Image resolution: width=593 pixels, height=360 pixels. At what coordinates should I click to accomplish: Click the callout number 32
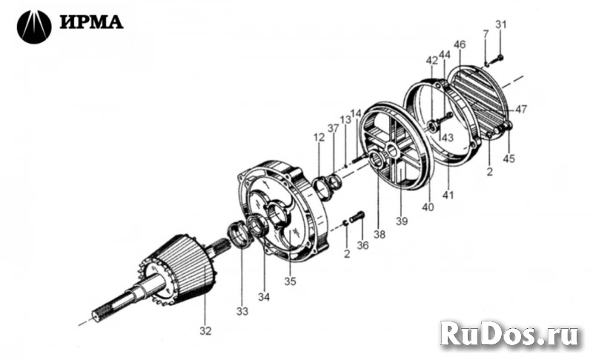pos(205,330)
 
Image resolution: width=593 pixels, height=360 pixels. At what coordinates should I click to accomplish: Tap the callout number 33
pos(242,311)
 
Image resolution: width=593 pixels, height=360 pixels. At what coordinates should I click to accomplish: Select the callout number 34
pos(262,298)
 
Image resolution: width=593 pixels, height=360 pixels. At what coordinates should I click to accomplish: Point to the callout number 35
pos(290,281)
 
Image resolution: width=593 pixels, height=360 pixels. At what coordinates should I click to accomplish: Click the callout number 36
pos(362,245)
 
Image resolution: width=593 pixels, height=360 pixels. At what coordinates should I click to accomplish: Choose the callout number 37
pos(334,130)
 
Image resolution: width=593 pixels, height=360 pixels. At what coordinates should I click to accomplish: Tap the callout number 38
pos(380,234)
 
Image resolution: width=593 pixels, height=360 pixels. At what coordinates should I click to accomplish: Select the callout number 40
pos(428,208)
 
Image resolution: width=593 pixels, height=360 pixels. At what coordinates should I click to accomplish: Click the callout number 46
pos(460,45)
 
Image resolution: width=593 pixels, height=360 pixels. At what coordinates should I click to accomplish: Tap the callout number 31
pos(501,24)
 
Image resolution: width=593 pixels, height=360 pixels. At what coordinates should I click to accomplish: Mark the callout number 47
pos(521,110)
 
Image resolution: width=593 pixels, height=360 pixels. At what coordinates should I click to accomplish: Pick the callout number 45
pos(508,158)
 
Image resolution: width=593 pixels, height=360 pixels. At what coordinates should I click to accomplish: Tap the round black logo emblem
pos(34,27)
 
